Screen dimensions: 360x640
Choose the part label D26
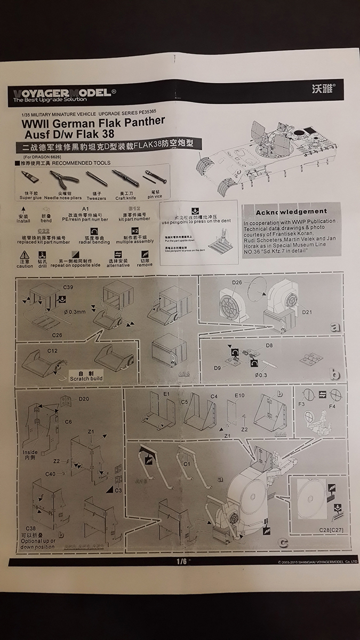pyautogui.click(x=237, y=282)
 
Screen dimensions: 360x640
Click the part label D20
pyautogui.click(x=84, y=399)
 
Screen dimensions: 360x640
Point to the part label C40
pyautogui.click(x=50, y=473)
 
